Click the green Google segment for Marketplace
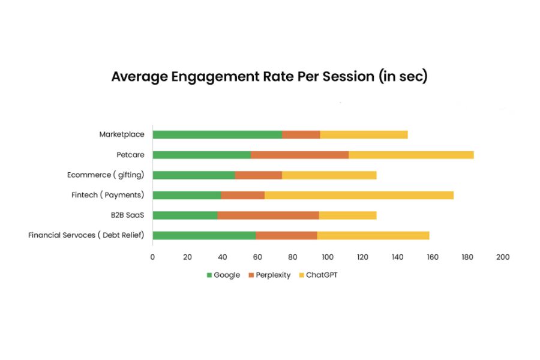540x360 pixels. pos(217,134)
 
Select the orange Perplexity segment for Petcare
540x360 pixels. pos(299,155)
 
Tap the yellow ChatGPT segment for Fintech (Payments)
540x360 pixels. pos(359,196)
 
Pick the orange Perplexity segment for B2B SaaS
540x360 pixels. pos(268,215)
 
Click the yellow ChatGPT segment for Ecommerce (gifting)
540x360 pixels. pos(329,175)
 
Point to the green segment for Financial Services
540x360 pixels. pos(204,236)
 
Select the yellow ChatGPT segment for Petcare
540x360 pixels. pos(411,155)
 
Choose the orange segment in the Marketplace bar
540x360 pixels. pos(301,134)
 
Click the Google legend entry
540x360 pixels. pos(223,275)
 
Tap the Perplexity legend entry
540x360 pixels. pos(269,275)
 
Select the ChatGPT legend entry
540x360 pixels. pos(318,275)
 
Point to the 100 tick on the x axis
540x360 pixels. pos(328,257)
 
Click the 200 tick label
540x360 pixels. pos(503,257)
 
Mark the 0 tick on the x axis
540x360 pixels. pos(152,257)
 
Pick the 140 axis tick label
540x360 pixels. pos(398,257)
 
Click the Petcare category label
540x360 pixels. pos(131,155)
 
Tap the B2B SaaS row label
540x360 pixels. pos(127,215)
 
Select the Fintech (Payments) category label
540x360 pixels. pos(108,195)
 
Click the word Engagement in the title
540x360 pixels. pos(215,76)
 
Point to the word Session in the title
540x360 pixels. pos(348,76)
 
